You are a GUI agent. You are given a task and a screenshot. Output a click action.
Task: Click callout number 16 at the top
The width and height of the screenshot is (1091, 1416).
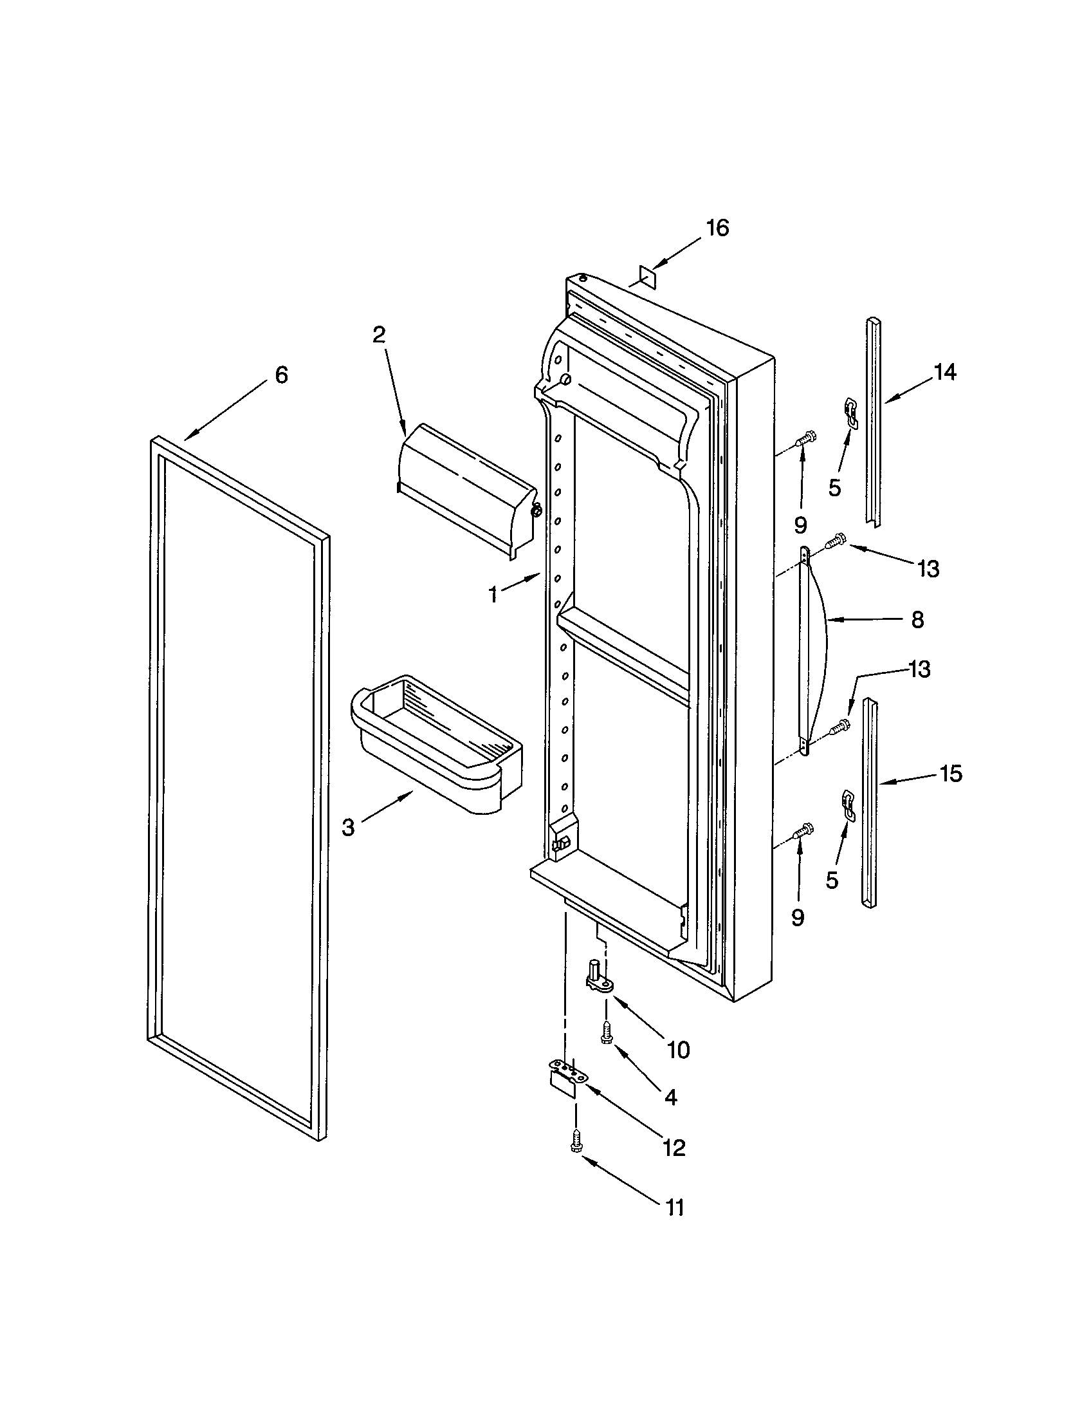[717, 228]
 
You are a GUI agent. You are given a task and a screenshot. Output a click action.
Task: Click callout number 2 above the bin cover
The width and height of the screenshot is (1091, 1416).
[379, 335]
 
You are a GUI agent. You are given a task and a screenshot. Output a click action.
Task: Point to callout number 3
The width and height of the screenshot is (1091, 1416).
[348, 828]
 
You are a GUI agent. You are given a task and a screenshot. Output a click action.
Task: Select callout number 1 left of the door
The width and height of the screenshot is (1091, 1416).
[493, 595]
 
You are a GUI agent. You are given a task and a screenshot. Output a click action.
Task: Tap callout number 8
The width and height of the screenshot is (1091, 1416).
[917, 620]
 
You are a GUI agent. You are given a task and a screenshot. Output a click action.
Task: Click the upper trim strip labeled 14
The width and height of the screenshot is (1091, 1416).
[874, 422]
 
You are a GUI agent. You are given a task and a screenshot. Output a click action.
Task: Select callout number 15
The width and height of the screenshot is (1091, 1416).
[950, 774]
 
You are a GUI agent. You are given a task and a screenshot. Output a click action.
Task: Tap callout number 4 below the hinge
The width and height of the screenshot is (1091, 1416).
[670, 1097]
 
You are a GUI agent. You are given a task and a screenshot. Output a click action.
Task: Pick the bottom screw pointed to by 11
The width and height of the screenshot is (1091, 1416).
[575, 1141]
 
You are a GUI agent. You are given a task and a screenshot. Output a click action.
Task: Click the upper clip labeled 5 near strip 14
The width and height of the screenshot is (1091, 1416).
[850, 413]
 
